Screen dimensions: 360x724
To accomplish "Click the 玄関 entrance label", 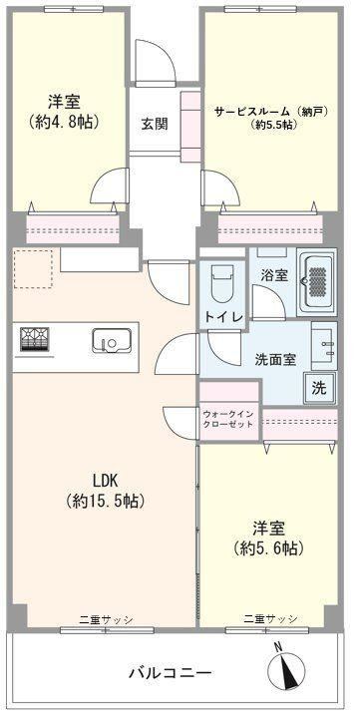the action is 155,124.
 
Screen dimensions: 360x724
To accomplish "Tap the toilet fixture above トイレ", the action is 221,282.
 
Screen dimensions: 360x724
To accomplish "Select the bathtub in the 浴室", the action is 316,282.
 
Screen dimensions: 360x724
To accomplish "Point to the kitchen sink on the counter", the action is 112,341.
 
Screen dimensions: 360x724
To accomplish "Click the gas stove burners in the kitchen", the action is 35,339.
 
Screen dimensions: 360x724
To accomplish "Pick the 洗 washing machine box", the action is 320,388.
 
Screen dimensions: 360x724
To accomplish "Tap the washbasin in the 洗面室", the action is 324,346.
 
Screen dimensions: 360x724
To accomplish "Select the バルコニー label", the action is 171,672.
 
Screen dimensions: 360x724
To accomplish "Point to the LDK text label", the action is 106,481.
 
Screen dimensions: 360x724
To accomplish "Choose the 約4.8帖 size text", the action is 65,122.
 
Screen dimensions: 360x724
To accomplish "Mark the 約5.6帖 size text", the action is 268,548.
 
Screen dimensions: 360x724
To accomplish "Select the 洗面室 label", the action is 275,360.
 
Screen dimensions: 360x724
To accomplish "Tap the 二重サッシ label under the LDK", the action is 107,619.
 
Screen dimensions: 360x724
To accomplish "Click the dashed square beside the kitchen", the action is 33,269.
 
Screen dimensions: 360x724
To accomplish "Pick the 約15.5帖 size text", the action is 106,501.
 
